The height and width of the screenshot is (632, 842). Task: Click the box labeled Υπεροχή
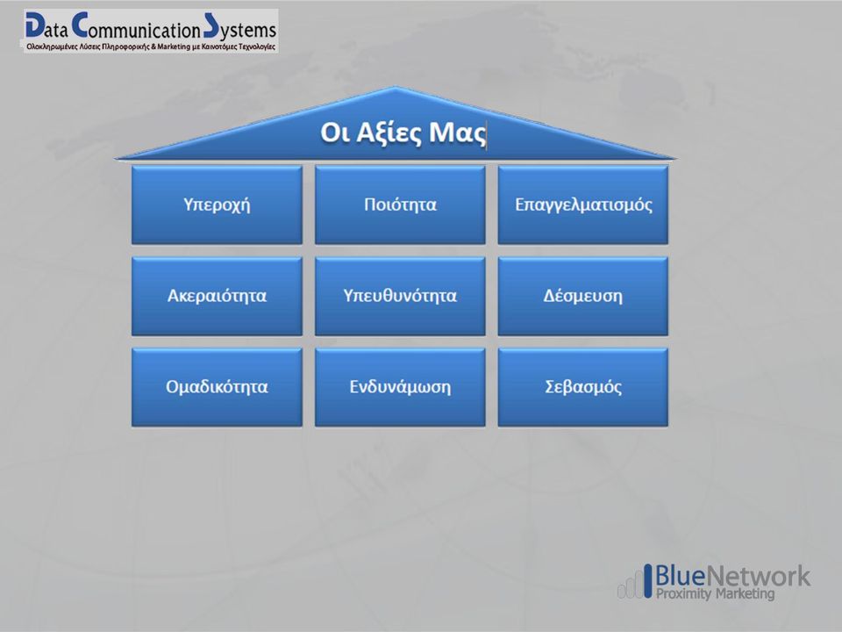(217, 205)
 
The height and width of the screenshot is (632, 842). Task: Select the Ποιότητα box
(400, 205)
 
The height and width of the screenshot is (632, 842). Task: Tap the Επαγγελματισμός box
(583, 205)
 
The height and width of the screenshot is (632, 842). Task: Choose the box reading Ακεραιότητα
(217, 296)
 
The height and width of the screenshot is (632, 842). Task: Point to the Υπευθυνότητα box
(400, 296)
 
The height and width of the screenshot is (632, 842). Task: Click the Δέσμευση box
(583, 296)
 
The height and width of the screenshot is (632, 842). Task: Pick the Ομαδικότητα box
(217, 387)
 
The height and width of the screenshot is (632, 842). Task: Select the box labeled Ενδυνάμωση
(400, 387)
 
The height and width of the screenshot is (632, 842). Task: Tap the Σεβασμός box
(583, 387)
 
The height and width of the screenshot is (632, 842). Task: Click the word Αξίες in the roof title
(389, 133)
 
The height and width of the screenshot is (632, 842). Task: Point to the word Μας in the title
(458, 133)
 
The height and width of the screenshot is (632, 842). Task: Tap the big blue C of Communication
(80, 25)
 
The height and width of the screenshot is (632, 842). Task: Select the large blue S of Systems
(211, 25)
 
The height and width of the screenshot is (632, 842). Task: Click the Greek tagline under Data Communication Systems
(151, 47)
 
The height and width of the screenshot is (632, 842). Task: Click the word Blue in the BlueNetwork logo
(680, 576)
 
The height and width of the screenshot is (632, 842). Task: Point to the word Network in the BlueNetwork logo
(757, 576)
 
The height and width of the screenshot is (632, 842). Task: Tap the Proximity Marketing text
(716, 594)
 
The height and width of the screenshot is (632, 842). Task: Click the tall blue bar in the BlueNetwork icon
(648, 580)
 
